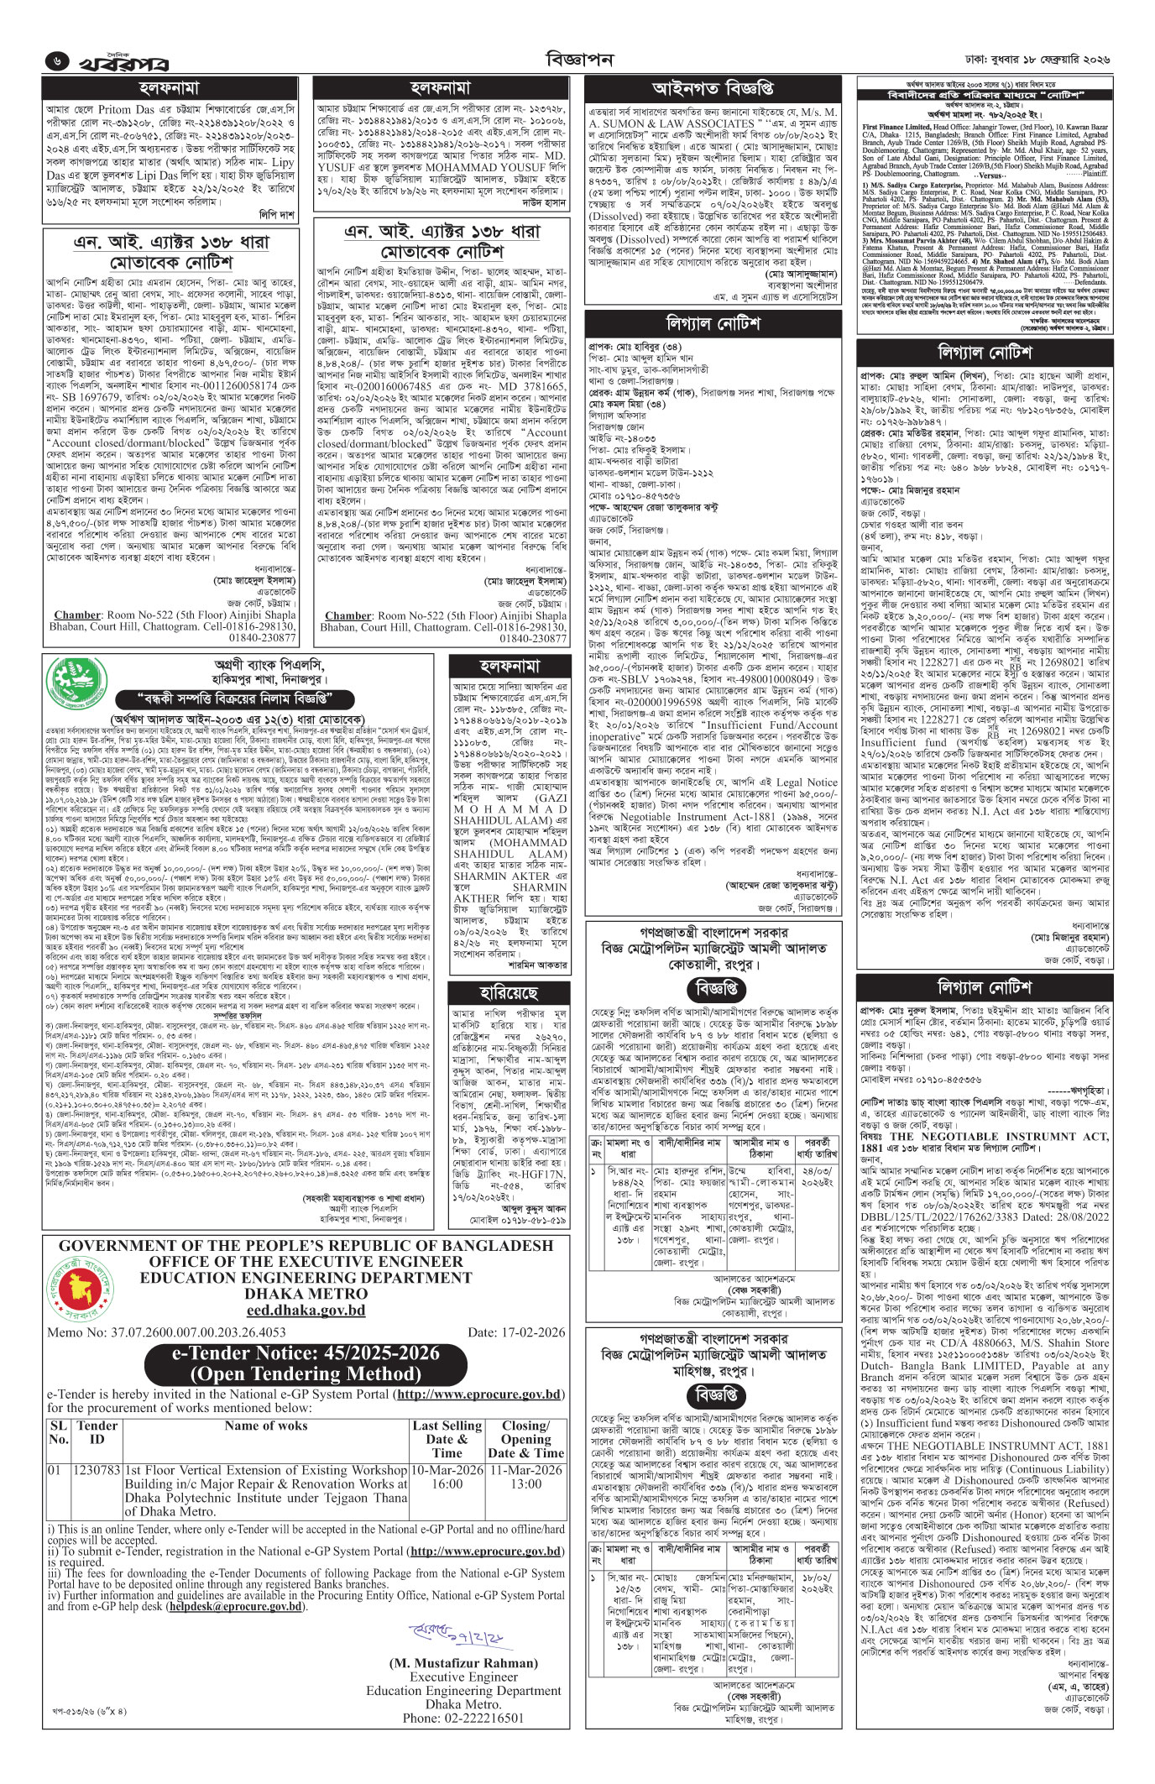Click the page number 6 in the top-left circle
56,61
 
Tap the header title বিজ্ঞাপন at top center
579,60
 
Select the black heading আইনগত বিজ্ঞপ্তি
713,88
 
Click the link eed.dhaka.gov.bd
306,1310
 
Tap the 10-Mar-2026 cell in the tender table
447,1470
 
